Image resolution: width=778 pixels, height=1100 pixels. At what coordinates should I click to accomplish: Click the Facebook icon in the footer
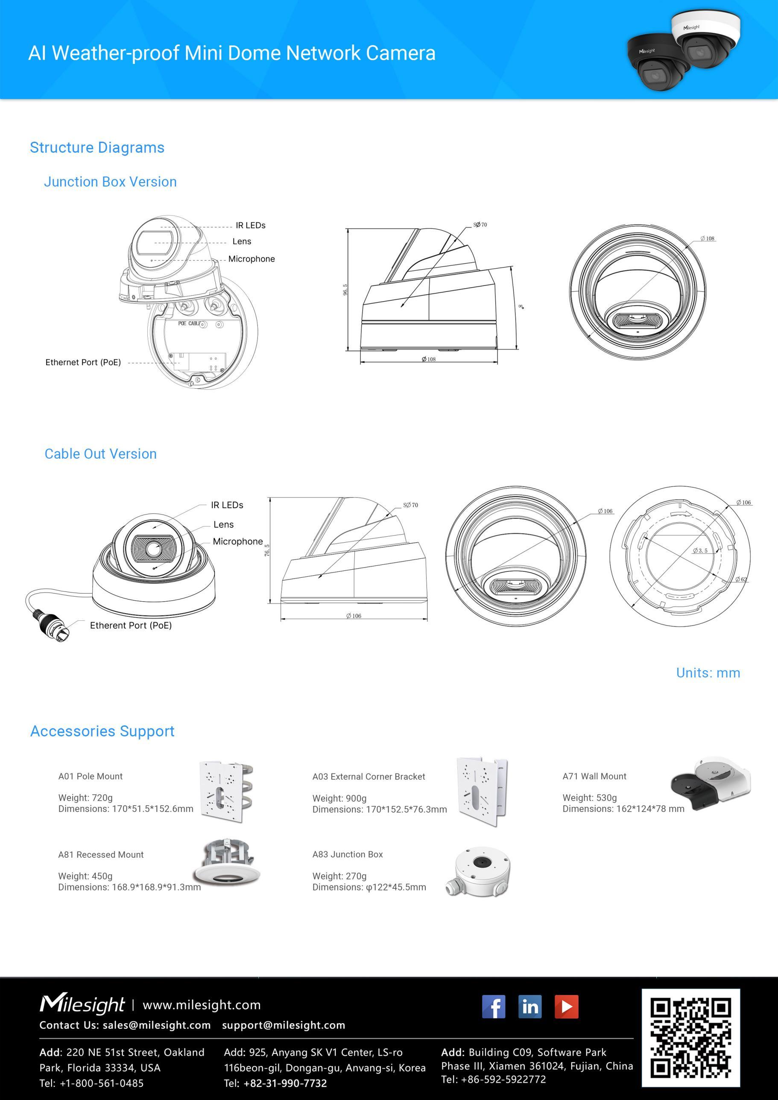(493, 1006)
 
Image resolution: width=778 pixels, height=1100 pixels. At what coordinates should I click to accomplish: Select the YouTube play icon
(566, 1006)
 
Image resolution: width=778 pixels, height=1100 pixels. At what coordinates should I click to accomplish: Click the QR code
(691, 1037)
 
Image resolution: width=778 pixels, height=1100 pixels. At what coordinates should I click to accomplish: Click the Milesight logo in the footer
(82, 1005)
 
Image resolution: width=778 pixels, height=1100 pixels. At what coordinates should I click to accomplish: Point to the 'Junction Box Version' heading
(110, 182)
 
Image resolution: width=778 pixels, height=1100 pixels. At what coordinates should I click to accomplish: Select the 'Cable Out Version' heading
(101, 454)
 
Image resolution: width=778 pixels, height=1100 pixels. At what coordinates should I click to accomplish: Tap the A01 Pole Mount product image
(225, 792)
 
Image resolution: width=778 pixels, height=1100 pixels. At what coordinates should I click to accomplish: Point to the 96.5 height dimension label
(345, 290)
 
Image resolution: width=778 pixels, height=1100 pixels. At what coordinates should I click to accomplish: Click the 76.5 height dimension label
(267, 550)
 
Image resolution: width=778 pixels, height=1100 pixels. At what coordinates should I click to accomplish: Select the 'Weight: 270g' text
(339, 876)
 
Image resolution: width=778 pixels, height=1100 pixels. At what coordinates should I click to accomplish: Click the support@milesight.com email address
(283, 1025)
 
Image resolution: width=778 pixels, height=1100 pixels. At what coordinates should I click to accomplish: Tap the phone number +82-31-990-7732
(285, 1083)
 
